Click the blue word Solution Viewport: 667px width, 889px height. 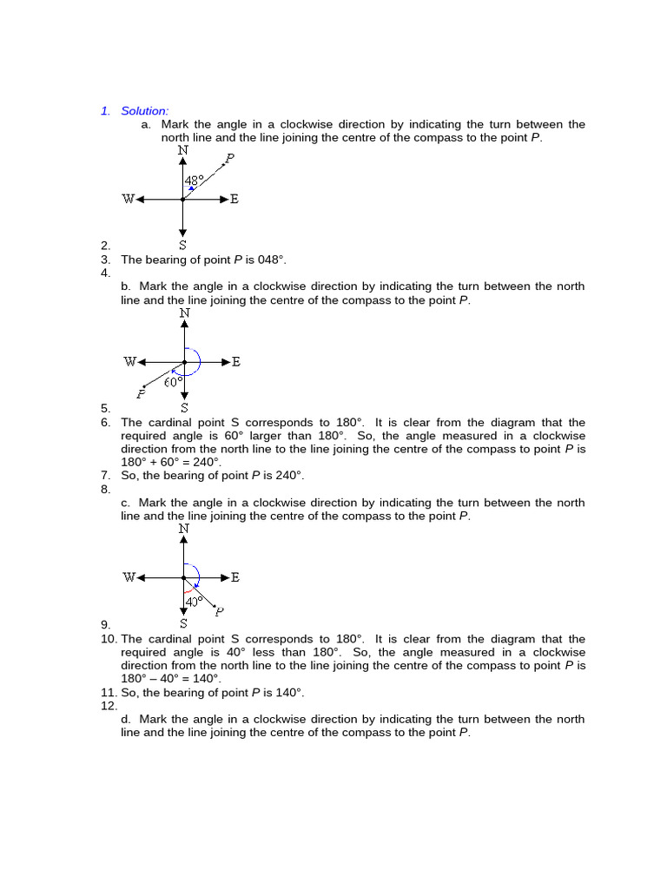[x=144, y=111]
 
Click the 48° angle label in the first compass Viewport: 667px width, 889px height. [x=195, y=181]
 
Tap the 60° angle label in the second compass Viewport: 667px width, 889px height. [x=174, y=381]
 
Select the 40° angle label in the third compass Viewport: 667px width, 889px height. [x=194, y=600]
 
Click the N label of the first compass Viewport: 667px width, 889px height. [x=182, y=150]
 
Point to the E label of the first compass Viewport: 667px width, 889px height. [x=234, y=200]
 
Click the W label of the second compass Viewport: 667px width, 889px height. [x=129, y=362]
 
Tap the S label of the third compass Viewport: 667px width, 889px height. [x=183, y=623]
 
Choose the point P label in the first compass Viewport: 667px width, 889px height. [x=229, y=158]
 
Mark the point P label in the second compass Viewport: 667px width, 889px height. [x=141, y=396]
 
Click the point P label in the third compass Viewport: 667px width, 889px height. [x=219, y=611]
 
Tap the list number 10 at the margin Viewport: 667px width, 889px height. [x=109, y=639]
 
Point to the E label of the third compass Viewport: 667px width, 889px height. [x=235, y=577]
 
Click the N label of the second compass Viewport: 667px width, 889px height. [x=184, y=313]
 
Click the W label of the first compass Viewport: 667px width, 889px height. [x=129, y=200]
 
